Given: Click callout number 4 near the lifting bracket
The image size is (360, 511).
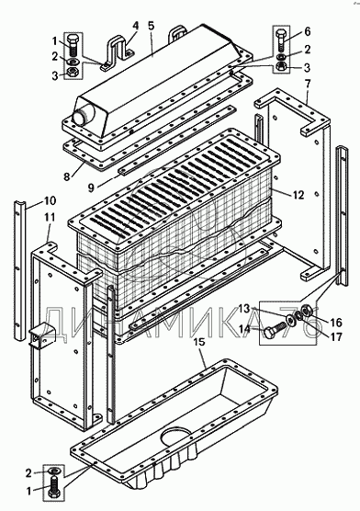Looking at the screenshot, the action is (x=135, y=26).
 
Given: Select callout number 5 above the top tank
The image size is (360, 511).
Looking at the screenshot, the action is (x=152, y=26).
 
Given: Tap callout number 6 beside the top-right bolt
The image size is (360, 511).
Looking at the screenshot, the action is (x=308, y=31).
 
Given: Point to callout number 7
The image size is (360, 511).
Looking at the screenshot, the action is (x=308, y=85).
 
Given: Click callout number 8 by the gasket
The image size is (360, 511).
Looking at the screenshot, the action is (x=66, y=176).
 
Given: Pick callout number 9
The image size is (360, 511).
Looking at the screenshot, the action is (x=91, y=187).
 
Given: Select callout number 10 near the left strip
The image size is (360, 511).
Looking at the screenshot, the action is (x=51, y=200).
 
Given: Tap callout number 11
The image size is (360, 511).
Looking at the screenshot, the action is (x=50, y=217).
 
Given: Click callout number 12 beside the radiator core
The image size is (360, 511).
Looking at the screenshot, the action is (x=298, y=195).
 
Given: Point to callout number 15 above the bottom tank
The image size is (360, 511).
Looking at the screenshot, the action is (x=199, y=342).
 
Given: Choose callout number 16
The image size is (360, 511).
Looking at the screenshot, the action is (x=336, y=323).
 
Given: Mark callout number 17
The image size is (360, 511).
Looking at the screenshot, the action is (x=336, y=336).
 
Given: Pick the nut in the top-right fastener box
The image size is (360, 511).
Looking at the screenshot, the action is (x=280, y=66).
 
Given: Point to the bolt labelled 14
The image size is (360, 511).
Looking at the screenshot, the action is (x=275, y=329).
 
